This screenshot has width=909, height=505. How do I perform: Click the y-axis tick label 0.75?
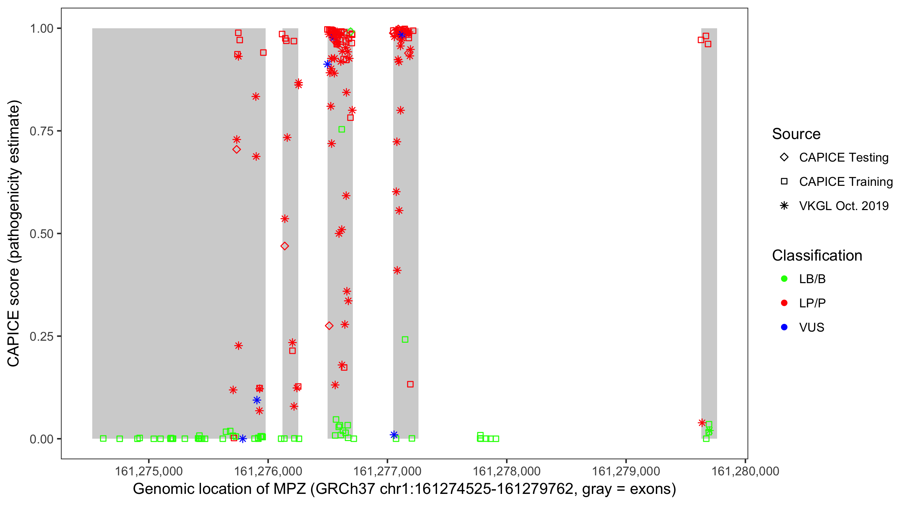coord(41,131)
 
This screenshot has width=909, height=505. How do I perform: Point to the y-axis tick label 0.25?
coord(41,336)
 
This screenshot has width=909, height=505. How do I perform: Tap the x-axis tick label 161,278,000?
coord(506,471)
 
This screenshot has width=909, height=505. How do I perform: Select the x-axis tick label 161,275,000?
coord(148,471)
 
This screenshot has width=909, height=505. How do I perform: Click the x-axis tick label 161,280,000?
coord(745,471)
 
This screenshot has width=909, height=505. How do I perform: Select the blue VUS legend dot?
coord(784,327)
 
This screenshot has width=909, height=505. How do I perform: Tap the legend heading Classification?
coord(817,255)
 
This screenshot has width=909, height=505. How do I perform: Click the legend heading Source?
coord(796,134)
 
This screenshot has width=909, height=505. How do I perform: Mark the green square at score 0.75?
coord(342,130)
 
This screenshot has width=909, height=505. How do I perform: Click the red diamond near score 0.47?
coord(285,246)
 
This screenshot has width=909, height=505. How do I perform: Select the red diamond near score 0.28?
coord(329,326)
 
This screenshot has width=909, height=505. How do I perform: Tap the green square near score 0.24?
coord(405,339)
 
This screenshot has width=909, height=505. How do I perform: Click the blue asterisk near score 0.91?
coord(328,64)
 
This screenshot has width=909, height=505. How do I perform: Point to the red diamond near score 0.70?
coord(237,149)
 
